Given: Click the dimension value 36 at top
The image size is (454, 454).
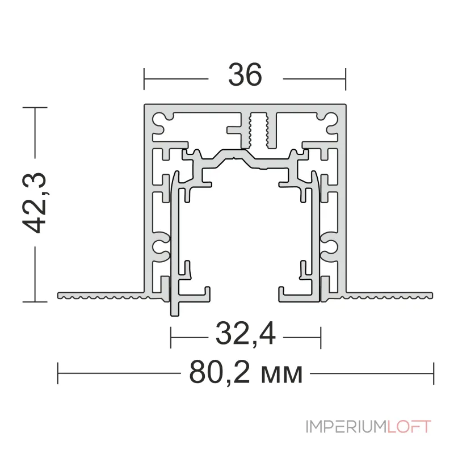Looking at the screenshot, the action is pos(245,75).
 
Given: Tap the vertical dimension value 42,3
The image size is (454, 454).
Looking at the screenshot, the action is pos(35,203).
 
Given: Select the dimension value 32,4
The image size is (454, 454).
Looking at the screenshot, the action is pos(246,334).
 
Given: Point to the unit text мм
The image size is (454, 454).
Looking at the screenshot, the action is pos(281,375).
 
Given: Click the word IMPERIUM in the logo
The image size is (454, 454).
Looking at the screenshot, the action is pos(347,427).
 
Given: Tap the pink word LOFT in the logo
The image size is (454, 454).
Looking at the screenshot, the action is pos(409,427).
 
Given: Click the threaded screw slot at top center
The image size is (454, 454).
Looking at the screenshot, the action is pos(259,130).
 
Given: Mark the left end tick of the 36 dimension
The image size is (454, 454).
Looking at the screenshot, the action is pos(144,79).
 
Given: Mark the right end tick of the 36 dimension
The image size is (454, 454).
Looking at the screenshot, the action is pos(346,79).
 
